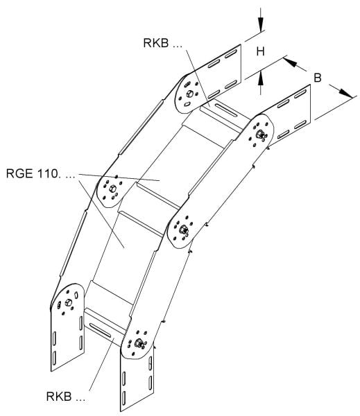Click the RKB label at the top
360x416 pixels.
click(x=163, y=43)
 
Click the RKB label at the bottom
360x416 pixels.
click(x=66, y=397)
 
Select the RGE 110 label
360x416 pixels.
click(x=41, y=173)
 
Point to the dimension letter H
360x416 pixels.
click(x=260, y=51)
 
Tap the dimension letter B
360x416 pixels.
click(x=318, y=78)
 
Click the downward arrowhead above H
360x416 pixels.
click(x=261, y=24)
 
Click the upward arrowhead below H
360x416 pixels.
click(x=261, y=78)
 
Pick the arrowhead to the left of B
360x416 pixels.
click(x=290, y=62)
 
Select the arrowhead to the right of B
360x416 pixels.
click(x=346, y=93)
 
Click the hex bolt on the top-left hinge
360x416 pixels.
click(x=189, y=94)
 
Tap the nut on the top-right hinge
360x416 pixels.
click(x=260, y=135)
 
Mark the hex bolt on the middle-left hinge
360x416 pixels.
click(x=112, y=189)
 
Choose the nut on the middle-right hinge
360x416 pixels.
click(x=183, y=229)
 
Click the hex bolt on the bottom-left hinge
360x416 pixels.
click(x=68, y=302)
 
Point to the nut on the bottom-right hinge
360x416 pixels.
click(x=138, y=343)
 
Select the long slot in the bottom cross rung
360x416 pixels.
click(x=100, y=330)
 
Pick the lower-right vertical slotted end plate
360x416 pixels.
click(x=137, y=382)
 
